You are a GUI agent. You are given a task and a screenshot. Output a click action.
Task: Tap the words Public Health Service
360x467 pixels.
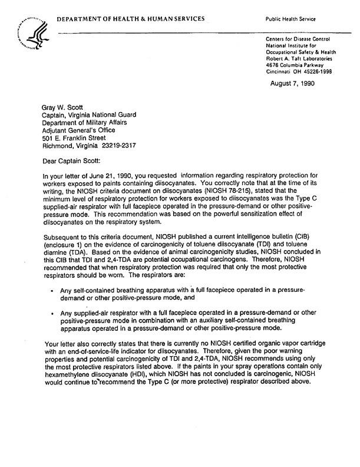point(292,19)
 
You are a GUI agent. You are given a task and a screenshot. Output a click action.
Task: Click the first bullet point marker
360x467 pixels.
point(53,291)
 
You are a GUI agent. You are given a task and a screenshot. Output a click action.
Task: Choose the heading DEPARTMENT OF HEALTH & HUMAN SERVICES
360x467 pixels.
point(131,19)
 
